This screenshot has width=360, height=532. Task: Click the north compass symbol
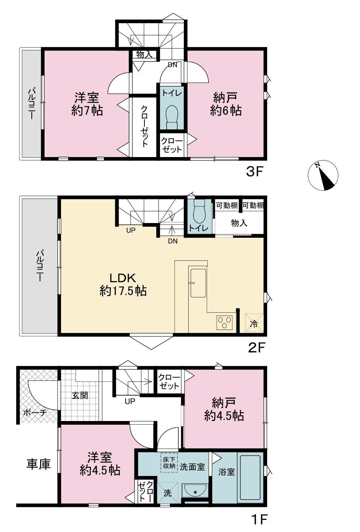point(323,175)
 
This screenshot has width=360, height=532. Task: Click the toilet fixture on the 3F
point(171,117)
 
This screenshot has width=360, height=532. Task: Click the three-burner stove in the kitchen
point(224,323)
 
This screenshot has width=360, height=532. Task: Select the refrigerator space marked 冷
point(254,323)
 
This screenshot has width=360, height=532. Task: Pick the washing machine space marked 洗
point(167,494)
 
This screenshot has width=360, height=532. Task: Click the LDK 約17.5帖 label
point(123,285)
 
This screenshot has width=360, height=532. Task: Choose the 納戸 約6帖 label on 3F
point(226,104)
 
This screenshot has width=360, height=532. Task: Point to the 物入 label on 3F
point(144,55)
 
